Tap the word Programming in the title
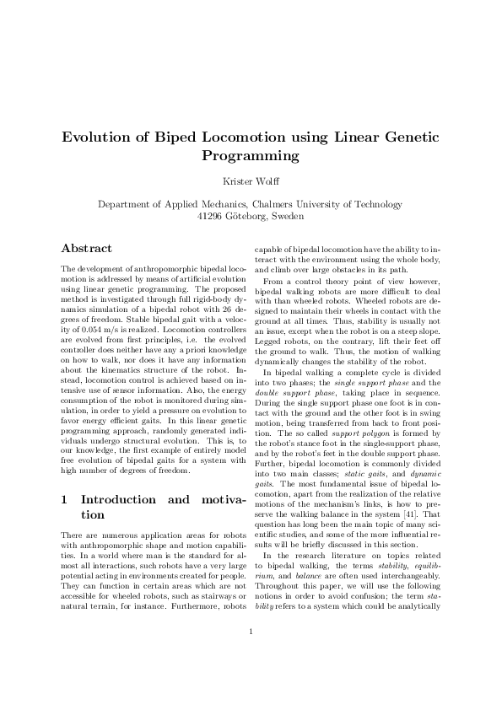pos(251,156)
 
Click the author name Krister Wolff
pos(251,181)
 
